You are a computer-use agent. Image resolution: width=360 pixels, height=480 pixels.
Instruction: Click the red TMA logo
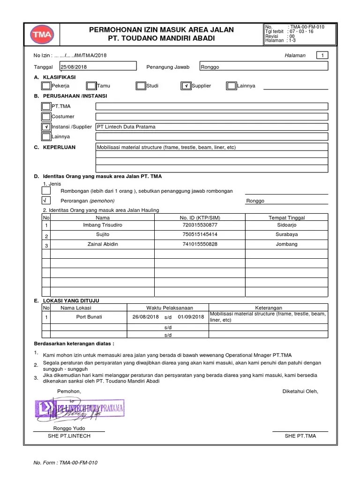[x=43, y=35]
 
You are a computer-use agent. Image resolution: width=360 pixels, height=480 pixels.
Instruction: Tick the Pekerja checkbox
[x=46, y=86]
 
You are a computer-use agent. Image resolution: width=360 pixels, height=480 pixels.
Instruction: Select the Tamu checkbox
[x=91, y=86]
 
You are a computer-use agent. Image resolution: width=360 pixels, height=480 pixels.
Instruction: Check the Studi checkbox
[x=141, y=86]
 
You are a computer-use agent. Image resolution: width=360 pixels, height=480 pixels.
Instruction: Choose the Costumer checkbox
[x=46, y=116]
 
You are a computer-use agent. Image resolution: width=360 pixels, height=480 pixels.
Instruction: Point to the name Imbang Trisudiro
[x=102, y=225]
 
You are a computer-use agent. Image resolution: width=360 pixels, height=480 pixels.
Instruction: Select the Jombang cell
[x=287, y=244]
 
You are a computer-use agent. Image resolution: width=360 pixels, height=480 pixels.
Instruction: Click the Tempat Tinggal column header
[x=287, y=218]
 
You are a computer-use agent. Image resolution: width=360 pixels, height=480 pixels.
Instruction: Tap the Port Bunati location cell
[x=89, y=317]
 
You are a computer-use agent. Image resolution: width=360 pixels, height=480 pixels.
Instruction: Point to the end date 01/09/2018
[x=191, y=317]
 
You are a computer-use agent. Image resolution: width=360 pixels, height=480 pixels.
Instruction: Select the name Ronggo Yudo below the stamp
[x=69, y=428]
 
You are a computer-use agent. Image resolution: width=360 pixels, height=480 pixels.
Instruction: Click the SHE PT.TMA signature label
[x=300, y=436]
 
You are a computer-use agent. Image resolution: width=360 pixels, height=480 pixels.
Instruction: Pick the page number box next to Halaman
[x=322, y=55]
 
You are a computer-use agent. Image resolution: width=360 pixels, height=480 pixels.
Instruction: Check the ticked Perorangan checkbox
[x=46, y=200]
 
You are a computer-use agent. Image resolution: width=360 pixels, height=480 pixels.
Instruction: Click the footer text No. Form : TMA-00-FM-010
[x=65, y=463]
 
